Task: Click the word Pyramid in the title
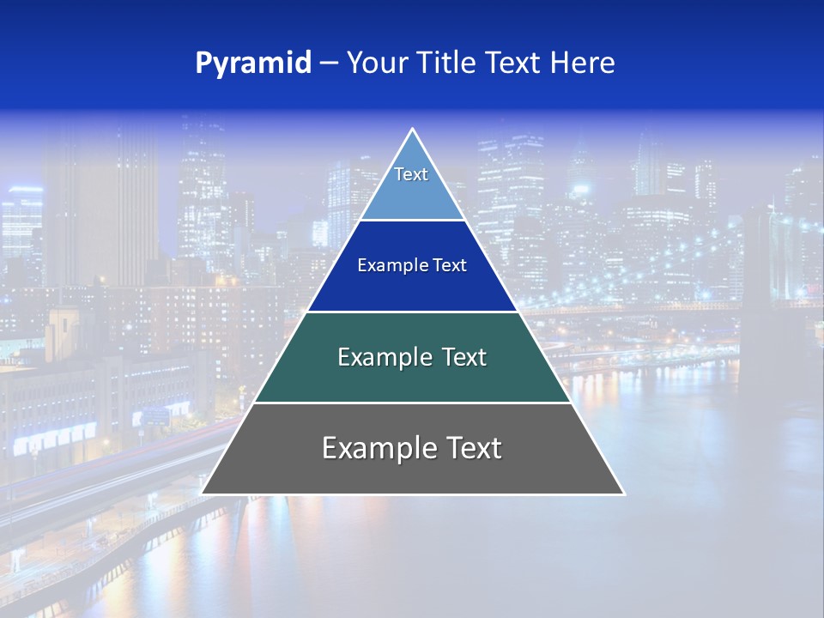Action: pyautogui.click(x=252, y=64)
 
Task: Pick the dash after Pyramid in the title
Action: pyautogui.click(x=328, y=64)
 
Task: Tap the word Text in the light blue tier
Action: pyautogui.click(x=411, y=174)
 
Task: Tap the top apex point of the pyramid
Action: pyautogui.click(x=413, y=130)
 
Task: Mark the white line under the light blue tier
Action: pyautogui.click(x=413, y=221)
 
